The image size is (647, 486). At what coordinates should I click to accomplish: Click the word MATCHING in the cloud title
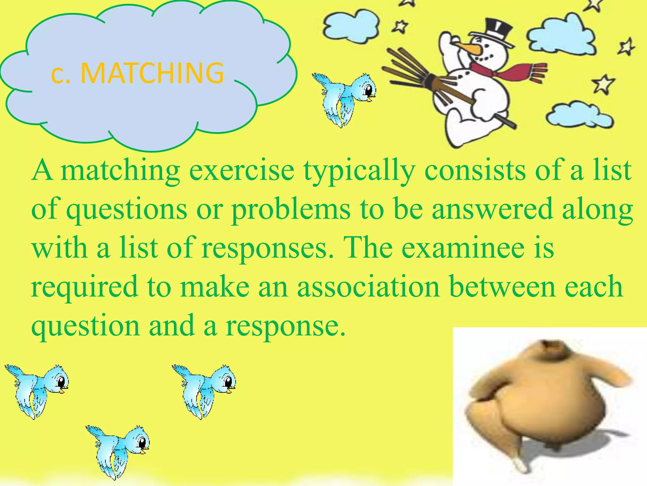click(152, 73)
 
